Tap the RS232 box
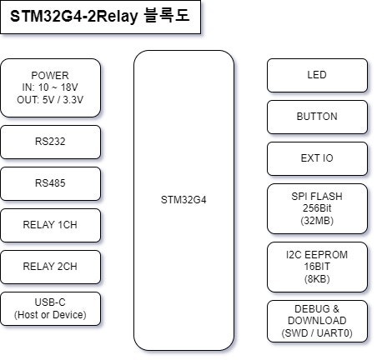[x=50, y=142]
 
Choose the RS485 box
[x=50, y=183]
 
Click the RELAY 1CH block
[x=50, y=225]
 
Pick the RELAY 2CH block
[x=50, y=267]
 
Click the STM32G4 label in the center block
[x=183, y=200]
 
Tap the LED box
[x=317, y=75]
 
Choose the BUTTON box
[x=317, y=117]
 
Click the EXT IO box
[x=317, y=158]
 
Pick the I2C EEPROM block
[x=317, y=267]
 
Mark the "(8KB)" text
[x=317, y=279]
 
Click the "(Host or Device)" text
[x=50, y=315]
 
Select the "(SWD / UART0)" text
[x=317, y=333]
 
